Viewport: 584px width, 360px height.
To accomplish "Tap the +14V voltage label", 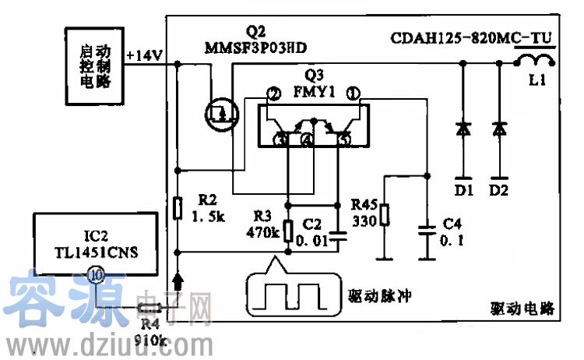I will click(145, 56).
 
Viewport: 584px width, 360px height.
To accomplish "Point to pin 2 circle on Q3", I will click(273, 95).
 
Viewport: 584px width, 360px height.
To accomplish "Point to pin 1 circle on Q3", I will click(353, 95).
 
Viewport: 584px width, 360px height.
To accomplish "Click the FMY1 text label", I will click(315, 91).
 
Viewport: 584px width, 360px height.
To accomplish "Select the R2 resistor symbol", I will click(178, 209).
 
